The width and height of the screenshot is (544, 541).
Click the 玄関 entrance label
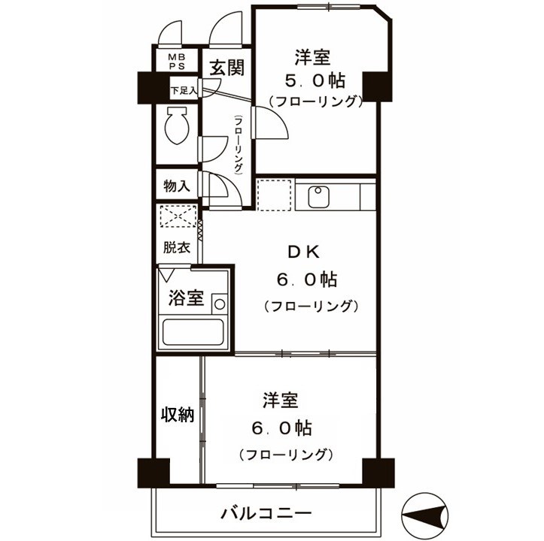click(227, 67)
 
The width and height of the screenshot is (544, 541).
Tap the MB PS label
click(177, 62)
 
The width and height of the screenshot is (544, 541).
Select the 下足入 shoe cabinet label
click(184, 91)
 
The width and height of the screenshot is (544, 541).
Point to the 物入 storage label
click(177, 186)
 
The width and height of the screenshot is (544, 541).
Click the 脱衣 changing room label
click(177, 247)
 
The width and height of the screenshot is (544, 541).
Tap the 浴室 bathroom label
click(186, 298)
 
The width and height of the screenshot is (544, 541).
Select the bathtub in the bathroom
click(193, 332)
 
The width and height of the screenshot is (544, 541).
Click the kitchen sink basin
click(318, 197)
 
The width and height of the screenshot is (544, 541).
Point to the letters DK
click(304, 252)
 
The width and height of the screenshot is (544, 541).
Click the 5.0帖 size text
click(315, 81)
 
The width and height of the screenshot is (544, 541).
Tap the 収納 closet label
click(178, 414)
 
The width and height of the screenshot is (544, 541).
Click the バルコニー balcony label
click(266, 512)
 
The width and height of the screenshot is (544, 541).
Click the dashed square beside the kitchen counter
click(274, 195)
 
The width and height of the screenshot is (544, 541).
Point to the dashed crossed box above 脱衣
click(178, 216)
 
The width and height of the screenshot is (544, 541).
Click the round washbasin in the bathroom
click(220, 304)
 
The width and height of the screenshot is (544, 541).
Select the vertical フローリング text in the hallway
click(239, 144)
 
